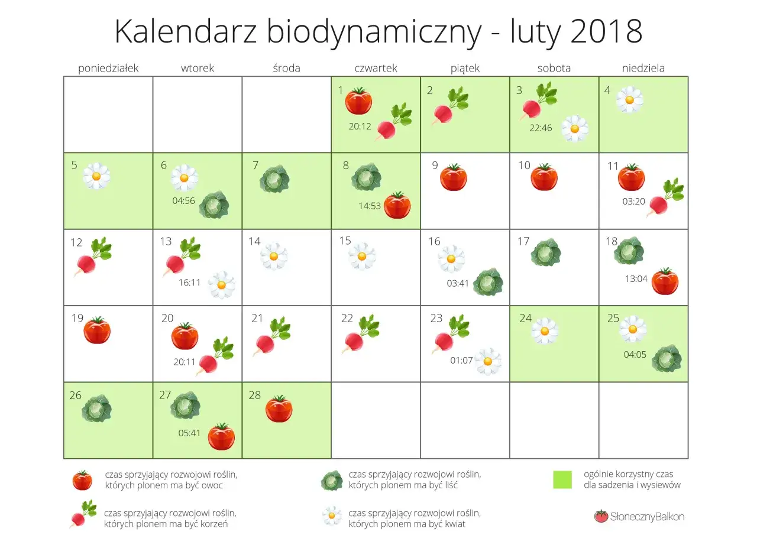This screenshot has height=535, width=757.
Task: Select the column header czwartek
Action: coord(376,68)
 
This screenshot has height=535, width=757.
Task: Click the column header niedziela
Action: coord(643,68)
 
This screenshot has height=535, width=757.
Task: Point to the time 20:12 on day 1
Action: coord(361,125)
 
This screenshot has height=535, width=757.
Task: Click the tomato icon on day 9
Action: coord(454,177)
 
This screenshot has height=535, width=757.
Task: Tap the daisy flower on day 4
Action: coord(630,100)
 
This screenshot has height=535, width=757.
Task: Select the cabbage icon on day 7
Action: coord(275,178)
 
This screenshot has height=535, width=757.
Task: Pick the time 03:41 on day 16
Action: coord(458,283)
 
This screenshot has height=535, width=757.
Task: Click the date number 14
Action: coord(254,241)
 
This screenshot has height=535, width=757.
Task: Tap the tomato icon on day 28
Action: coord(279,409)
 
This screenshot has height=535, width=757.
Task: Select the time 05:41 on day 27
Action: coord(189,433)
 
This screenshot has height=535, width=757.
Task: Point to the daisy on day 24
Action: coord(544,330)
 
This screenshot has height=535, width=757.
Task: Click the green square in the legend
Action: coord(562,479)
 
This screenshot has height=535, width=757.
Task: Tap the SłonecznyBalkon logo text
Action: coord(647,517)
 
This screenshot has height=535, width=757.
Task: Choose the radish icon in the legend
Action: coord(82,513)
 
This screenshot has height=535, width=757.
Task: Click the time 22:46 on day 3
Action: coord(541,127)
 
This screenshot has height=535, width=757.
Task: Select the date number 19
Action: coord(77,318)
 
